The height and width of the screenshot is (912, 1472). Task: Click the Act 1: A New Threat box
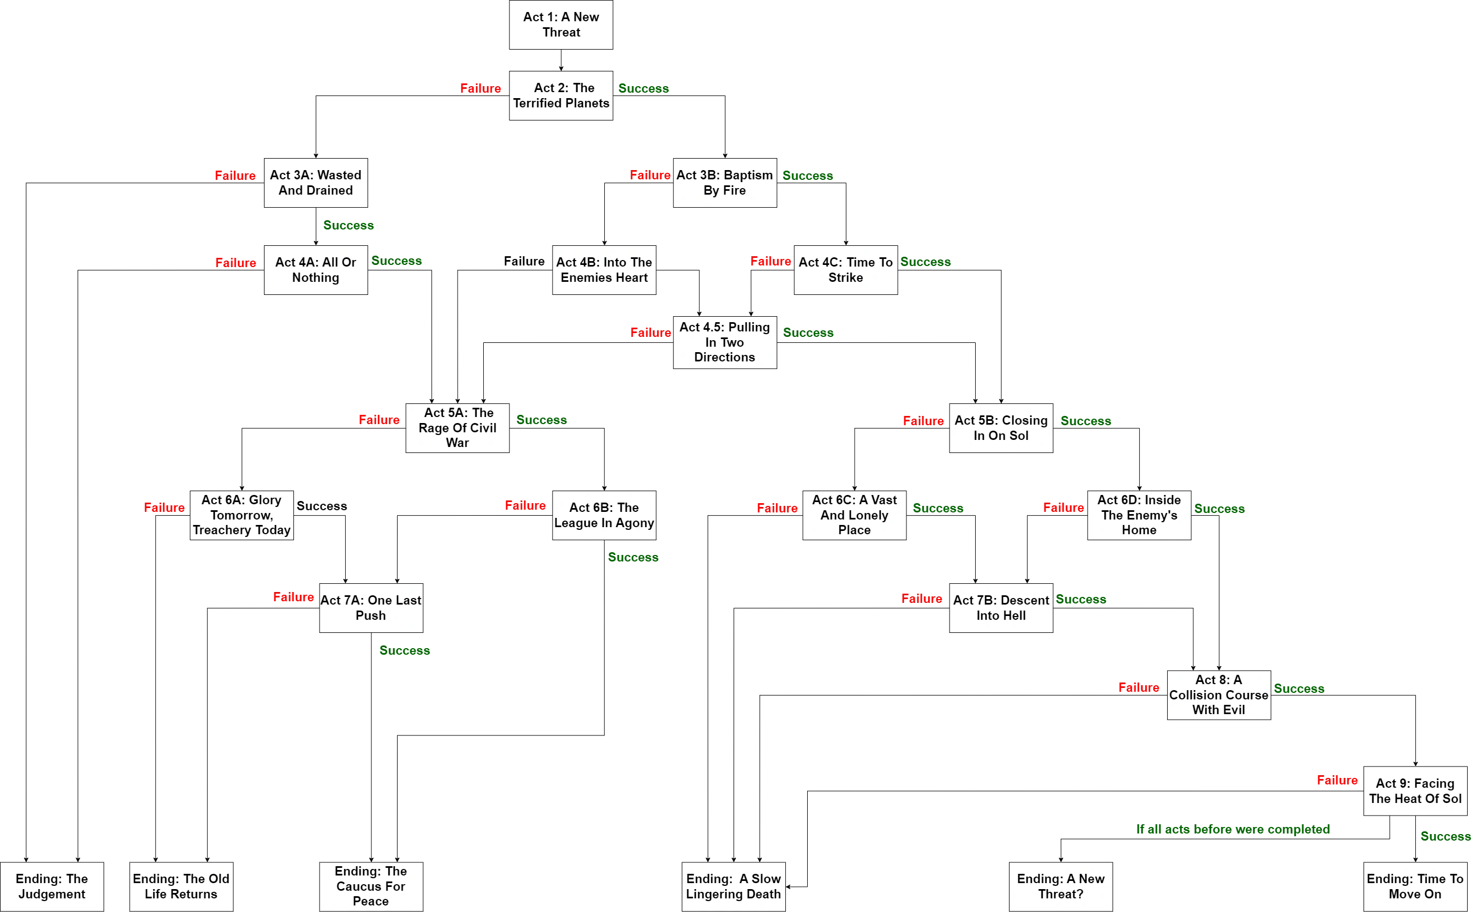click(561, 25)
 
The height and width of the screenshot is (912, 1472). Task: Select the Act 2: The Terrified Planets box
click(561, 96)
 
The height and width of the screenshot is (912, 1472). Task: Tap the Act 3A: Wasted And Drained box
click(316, 183)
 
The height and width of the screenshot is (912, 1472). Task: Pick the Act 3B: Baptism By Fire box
click(724, 183)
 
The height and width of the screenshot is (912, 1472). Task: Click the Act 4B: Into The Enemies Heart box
click(604, 270)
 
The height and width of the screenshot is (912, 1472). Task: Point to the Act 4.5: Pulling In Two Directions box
click(724, 342)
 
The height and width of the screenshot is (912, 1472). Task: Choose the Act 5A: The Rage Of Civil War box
click(458, 427)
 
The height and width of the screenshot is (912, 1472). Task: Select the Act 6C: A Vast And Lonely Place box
click(854, 515)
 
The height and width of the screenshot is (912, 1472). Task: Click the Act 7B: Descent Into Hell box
click(1001, 607)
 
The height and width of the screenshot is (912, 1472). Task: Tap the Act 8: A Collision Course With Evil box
click(1218, 695)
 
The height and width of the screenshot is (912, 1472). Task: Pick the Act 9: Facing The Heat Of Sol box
click(1415, 791)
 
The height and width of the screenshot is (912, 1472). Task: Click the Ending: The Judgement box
click(52, 886)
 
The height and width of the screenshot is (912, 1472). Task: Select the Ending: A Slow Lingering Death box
click(733, 886)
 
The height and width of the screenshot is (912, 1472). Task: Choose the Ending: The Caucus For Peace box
click(370, 886)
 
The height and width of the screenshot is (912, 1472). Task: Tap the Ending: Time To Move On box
click(1415, 886)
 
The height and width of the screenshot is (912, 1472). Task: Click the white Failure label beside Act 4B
click(524, 261)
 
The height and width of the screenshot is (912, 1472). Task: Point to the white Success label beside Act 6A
click(322, 506)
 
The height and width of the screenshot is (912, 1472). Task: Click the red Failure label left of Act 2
click(479, 89)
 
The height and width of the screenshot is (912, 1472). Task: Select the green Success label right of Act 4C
click(925, 261)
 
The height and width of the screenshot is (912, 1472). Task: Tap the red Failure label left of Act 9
click(1337, 780)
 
